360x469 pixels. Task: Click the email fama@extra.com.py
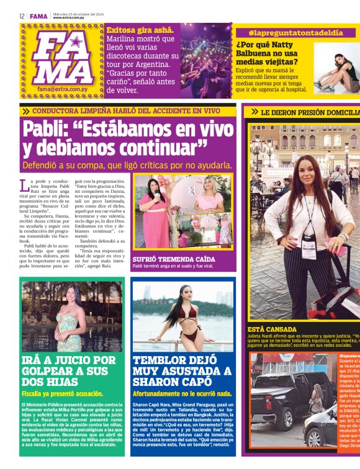coord(61,89)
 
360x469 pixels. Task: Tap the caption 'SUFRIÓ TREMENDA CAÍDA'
coord(173,259)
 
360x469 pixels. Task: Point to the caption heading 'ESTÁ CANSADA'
coord(272,329)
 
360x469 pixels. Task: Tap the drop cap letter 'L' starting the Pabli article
coord(24,184)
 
